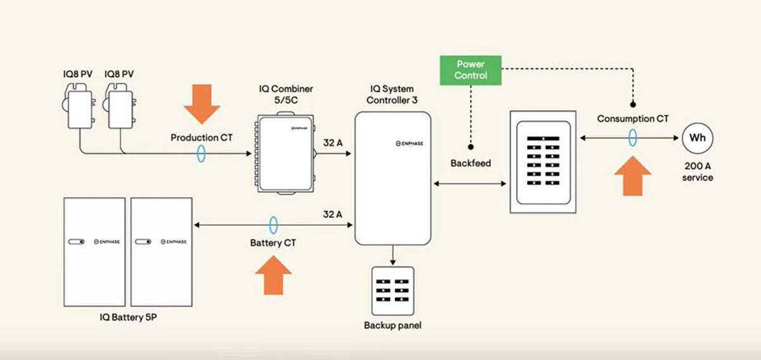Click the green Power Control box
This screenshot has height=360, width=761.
pyautogui.click(x=471, y=70)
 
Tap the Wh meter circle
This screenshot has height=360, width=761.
pyautogui.click(x=697, y=138)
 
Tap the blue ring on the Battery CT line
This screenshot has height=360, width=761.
pyautogui.click(x=273, y=224)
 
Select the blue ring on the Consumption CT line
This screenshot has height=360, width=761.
pyautogui.click(x=632, y=138)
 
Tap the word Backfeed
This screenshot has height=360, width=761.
pyautogui.click(x=471, y=163)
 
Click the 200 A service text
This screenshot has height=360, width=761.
pyautogui.click(x=698, y=172)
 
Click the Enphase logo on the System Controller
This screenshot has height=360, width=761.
pyautogui.click(x=407, y=144)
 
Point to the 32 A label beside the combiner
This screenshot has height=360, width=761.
pyautogui.click(x=334, y=143)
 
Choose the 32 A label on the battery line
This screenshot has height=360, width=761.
pyautogui.click(x=334, y=214)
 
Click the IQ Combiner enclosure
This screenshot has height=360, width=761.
pyautogui.click(x=284, y=153)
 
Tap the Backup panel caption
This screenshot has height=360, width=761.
pyautogui.click(x=393, y=326)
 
